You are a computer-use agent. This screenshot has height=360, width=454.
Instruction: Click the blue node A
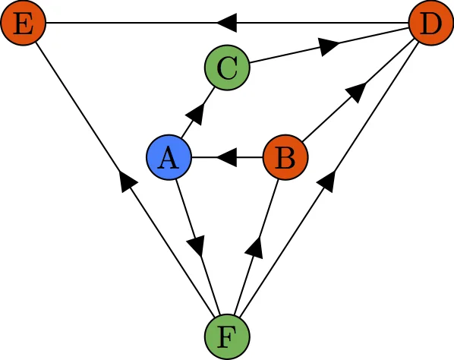point(169,159)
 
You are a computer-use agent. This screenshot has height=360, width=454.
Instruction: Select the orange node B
point(285,159)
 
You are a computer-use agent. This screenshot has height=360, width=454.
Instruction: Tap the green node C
point(227,68)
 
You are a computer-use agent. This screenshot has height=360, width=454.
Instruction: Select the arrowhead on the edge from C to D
point(328,46)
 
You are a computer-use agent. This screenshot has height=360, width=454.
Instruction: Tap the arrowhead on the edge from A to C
point(197,114)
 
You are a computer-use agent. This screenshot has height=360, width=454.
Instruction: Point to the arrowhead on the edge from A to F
point(197,246)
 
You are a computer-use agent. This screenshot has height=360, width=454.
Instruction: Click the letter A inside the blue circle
point(169,159)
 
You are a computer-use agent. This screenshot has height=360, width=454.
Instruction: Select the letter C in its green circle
point(227,68)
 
